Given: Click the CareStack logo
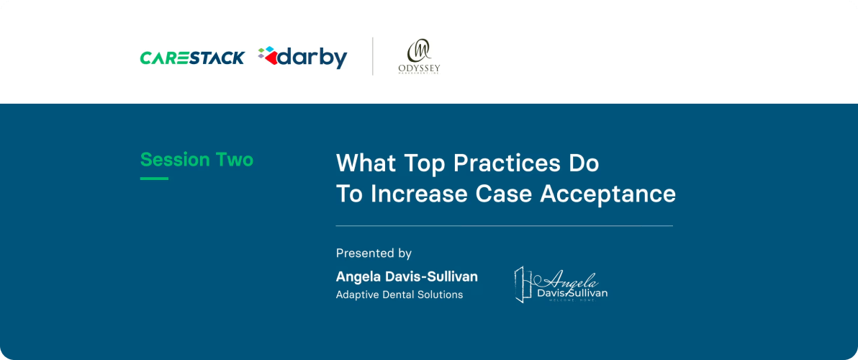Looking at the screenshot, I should click(x=192, y=58).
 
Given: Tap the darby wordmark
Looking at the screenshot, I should click(x=312, y=58).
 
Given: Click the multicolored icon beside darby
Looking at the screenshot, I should click(x=267, y=55).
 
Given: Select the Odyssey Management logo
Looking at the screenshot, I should click(x=418, y=57).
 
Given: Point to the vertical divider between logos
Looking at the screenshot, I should click(x=372, y=56).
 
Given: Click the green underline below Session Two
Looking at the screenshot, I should click(x=154, y=178).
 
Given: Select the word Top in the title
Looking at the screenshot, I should click(x=417, y=163).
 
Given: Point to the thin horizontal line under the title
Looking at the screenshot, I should click(x=504, y=226).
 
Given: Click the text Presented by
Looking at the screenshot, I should click(x=374, y=253).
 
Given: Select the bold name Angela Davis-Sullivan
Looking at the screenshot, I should click(x=407, y=276).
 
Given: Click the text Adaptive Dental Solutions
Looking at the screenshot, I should click(x=399, y=294).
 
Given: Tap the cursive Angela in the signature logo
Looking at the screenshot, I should click(x=573, y=280).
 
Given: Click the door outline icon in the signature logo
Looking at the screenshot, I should click(x=523, y=284).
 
